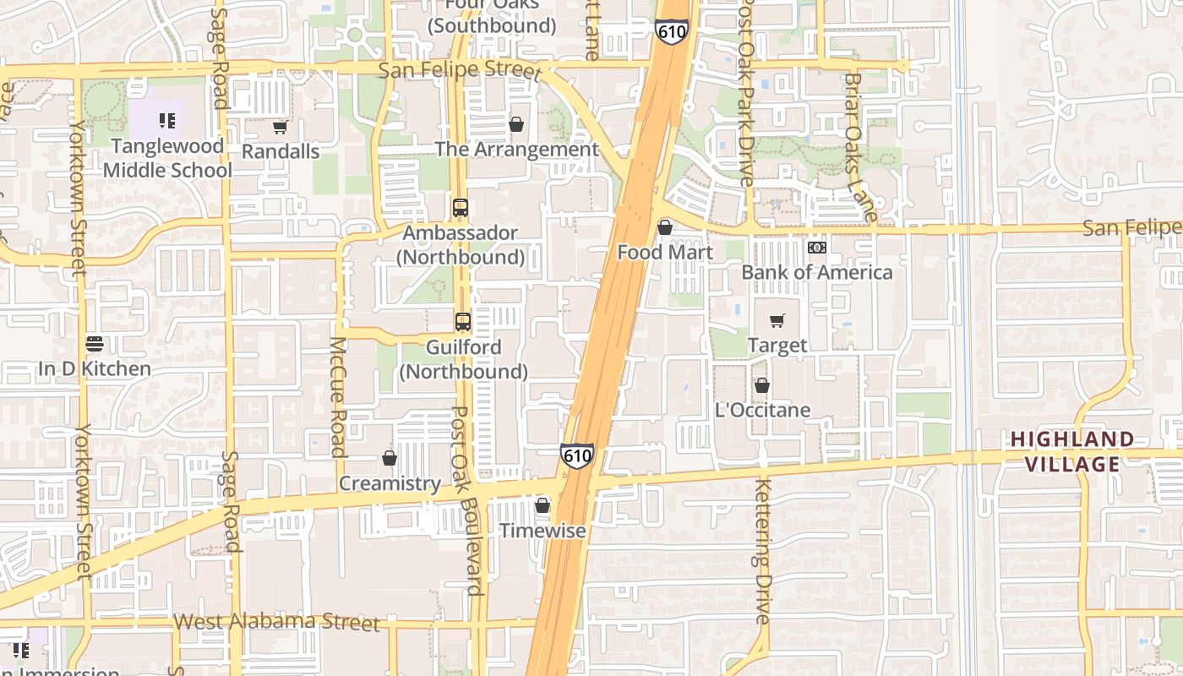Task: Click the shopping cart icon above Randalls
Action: pos(280,128)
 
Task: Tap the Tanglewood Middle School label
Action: pos(167,158)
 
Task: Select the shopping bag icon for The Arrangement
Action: pos(515,125)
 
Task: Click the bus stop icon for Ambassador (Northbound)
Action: pos(461,207)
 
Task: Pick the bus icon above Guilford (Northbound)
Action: pos(463,321)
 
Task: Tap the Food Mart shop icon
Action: pos(665,227)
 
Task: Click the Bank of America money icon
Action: pos(816,248)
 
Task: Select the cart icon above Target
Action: pos(777,321)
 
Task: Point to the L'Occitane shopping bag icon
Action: pos(762,385)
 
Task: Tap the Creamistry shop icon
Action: pos(390,458)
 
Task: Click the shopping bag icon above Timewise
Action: pos(542,505)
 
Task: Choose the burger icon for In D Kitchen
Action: pos(95,344)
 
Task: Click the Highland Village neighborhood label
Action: pos(1072,451)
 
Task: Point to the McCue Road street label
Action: pos(338,396)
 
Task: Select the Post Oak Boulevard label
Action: pos(468,500)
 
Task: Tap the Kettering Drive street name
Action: pos(763,551)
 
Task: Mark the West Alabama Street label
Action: pos(276,623)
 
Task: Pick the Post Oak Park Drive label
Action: pos(745,93)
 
